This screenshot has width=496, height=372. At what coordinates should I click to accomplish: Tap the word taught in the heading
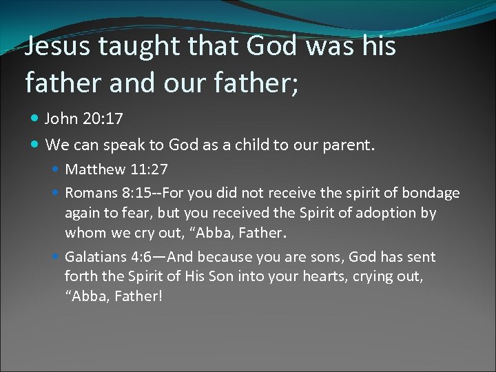132,47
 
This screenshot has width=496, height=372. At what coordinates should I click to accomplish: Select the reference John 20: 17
83,119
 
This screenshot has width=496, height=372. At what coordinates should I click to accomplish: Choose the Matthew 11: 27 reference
116,169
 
